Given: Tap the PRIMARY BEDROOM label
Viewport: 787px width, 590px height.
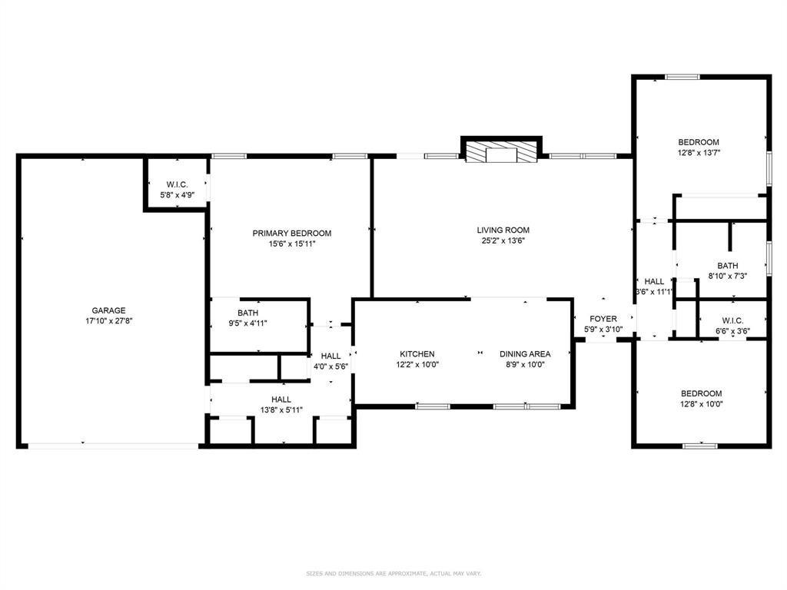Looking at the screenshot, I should click(x=292, y=234).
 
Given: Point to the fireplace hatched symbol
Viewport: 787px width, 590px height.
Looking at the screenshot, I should click(x=502, y=152).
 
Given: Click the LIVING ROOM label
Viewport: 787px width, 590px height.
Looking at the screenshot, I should click(x=503, y=230).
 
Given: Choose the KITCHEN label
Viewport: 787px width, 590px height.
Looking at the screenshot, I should click(x=417, y=354).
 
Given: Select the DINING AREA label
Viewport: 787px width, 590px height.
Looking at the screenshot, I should click(x=525, y=354).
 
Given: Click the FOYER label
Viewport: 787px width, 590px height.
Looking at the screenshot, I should click(x=603, y=319).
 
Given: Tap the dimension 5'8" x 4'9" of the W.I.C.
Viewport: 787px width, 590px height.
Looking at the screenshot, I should click(x=177, y=195).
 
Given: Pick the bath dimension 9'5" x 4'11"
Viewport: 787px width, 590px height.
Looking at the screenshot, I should click(x=247, y=323).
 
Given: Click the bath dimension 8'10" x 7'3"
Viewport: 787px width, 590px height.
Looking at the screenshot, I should click(x=727, y=277).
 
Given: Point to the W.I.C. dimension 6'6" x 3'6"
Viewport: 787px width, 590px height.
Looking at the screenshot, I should click(x=732, y=332).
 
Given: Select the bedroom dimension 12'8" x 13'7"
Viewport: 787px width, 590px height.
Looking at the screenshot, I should click(x=698, y=153).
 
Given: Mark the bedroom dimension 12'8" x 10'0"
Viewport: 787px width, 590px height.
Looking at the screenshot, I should click(x=701, y=404).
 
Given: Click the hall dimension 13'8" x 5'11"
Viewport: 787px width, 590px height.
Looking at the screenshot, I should click(x=281, y=410).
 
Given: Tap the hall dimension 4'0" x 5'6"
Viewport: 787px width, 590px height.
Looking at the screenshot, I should click(x=330, y=367).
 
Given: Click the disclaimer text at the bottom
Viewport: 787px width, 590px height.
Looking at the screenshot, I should click(x=393, y=573).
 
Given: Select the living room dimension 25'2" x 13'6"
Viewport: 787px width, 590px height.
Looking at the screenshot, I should click(x=503, y=240).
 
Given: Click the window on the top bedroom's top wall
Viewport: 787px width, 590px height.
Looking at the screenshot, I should click(x=682, y=76).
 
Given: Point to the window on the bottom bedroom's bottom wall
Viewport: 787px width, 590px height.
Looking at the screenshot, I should click(x=699, y=445).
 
